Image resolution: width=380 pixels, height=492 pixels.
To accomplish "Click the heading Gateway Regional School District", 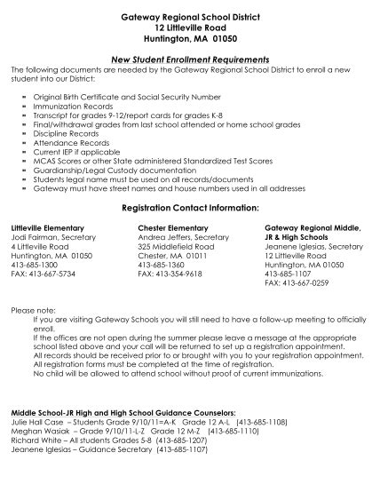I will (x=190, y=18).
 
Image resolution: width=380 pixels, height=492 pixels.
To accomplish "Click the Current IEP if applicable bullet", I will (x=78, y=152).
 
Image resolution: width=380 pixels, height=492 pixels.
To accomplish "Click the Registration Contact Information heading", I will (x=190, y=208).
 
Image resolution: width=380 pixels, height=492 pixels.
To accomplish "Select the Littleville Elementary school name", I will (x=46, y=228).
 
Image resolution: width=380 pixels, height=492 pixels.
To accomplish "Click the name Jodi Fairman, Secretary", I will (x=51, y=238).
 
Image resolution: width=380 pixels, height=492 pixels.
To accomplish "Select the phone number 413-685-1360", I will (x=161, y=266).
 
